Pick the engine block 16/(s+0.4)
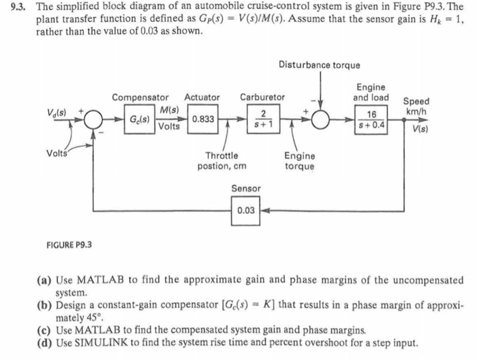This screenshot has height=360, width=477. click(x=371, y=120)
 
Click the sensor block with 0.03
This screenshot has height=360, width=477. click(x=245, y=211)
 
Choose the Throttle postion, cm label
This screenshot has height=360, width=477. click(x=221, y=160)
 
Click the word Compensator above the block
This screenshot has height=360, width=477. click(x=140, y=97)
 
